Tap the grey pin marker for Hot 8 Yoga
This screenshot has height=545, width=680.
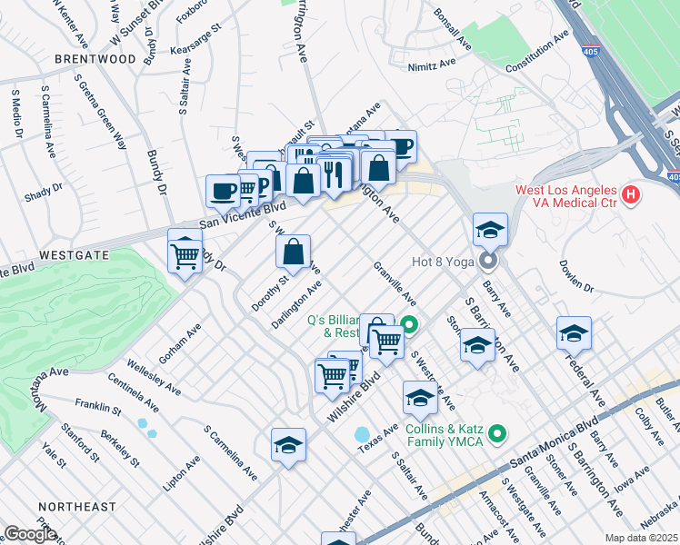click(x=489, y=263)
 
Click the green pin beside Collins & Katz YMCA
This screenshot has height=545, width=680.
click(x=495, y=434)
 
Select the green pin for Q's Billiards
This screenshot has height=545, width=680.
click(x=409, y=322)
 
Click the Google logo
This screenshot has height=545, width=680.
click(x=29, y=534)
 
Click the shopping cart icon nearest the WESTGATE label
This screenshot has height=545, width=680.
click(x=185, y=255)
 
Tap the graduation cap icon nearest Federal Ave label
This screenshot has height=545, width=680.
click(x=574, y=334)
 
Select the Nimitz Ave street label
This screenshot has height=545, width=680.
click(x=433, y=65)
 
